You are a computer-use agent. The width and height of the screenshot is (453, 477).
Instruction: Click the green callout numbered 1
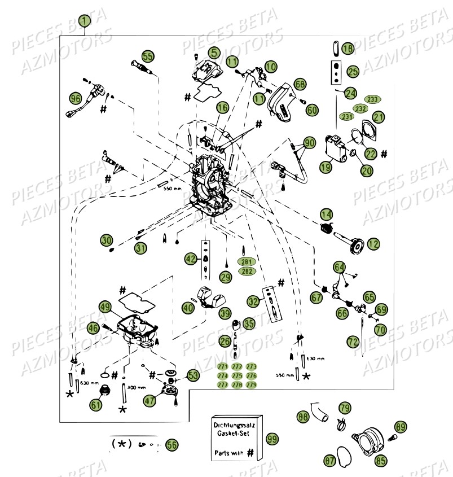pos(84,21)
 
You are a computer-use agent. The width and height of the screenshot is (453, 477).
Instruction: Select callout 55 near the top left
pos(148,56)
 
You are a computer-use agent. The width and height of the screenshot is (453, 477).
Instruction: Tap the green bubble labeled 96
pos(75,98)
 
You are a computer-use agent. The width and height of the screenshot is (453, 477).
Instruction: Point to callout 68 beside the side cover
pos(300,84)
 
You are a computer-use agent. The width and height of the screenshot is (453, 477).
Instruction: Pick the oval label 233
pos(372,99)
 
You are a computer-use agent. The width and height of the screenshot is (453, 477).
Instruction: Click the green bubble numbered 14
pos(326,214)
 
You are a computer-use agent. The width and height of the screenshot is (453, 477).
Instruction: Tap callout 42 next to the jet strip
pos(191,259)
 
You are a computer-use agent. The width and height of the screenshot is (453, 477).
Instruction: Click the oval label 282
pos(246,272)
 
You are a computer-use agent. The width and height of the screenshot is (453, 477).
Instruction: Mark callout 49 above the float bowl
pos(105,307)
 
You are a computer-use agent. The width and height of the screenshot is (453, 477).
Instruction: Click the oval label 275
pos(237,375)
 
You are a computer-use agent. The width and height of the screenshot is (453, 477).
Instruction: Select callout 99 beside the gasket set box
pos(272,439)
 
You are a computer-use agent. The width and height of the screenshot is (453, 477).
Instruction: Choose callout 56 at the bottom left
pos(171,445)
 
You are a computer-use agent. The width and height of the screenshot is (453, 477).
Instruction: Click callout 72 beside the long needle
pos(353,342)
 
